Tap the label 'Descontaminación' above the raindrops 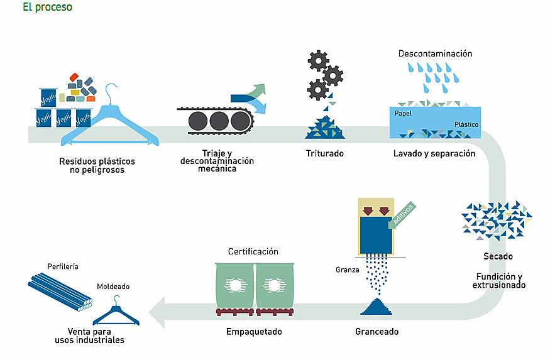435,54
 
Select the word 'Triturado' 325,153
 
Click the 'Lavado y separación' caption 434,153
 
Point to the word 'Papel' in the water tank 403,114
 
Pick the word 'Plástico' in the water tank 466,124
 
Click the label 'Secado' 498,256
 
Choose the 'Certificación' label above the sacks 253,252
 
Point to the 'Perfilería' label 63,266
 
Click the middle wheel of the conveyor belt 219,120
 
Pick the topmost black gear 319,60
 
